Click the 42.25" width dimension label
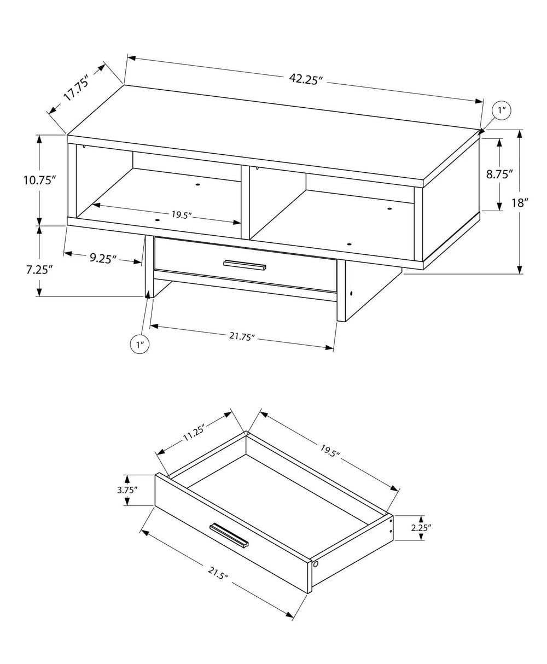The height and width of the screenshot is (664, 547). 307,79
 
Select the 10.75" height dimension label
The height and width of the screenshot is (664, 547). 40,180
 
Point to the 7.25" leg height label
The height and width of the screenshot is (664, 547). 40,269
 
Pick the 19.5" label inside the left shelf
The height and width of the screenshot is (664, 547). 180,214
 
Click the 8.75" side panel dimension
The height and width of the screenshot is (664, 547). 499,174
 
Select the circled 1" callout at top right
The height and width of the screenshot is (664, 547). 503,110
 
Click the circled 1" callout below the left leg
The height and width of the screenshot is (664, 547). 140,344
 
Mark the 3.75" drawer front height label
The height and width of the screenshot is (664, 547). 127,490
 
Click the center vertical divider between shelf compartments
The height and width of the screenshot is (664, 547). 246,202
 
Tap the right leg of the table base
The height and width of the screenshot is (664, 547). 342,290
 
